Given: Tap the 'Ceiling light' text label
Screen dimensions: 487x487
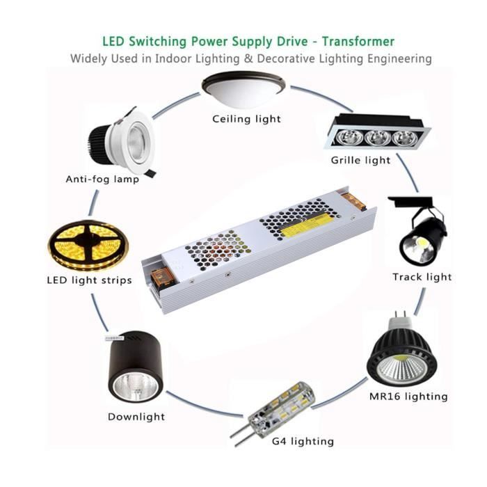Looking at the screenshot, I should point(247,119).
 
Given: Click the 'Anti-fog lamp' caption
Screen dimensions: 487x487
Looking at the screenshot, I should point(102,179).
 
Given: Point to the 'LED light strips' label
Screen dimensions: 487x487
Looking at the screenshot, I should point(88,280).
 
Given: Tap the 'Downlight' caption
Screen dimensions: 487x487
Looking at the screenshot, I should point(136,417).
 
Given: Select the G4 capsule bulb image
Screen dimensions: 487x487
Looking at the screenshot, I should point(275,411).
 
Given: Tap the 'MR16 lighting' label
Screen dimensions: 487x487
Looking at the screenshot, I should point(408,397).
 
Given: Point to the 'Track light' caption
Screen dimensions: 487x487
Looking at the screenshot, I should point(422,277).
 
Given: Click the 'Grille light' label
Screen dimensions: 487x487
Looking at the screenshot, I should point(360,160).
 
